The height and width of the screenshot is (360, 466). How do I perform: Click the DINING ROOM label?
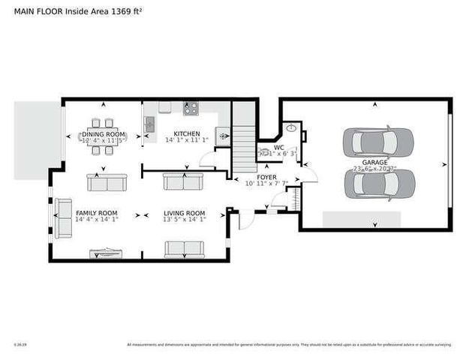pos(104,133)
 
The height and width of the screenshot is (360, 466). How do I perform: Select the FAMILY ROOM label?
pos(97,213)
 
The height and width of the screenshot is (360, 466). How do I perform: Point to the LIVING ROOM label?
pos(184,213)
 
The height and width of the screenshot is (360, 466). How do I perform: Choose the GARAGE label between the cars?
pos(375,162)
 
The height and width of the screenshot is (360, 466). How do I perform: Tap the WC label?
pos(278,148)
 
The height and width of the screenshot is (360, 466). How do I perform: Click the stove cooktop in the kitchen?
pos(191,109)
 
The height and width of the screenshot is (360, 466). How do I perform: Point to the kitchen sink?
pos(150,123)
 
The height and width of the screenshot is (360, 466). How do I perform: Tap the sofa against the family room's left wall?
pos(62,217)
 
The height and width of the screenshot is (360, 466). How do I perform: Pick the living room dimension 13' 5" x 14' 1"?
pos(184,220)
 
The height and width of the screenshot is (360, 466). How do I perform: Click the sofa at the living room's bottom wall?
pos(185,249)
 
